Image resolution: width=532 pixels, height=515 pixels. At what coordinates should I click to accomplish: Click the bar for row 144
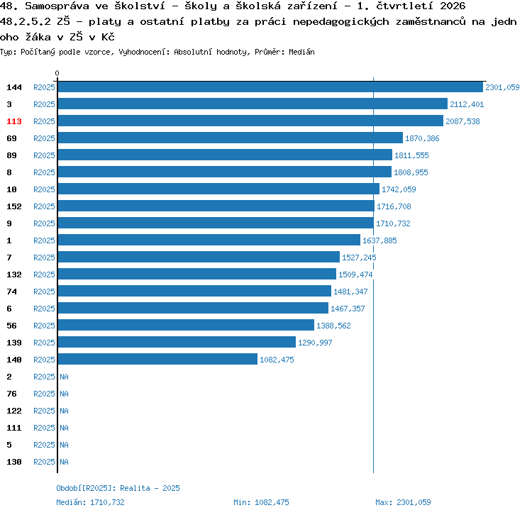270,87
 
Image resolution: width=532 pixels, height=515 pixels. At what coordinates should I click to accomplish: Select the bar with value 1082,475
157,359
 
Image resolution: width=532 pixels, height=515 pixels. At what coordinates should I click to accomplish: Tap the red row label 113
14,121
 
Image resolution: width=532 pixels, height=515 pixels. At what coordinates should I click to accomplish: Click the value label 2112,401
467,104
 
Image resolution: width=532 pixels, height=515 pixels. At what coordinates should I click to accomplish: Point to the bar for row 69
231,138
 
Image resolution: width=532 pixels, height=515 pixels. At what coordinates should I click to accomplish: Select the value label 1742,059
399,189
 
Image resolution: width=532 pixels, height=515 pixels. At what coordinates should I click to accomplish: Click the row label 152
14,206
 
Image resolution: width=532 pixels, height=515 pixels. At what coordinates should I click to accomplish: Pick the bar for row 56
186,325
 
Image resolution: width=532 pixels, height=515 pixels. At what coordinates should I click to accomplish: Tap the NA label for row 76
64,394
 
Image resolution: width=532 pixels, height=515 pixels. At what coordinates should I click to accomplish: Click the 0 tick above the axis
57,73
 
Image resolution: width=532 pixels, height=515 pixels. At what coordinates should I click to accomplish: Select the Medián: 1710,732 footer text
90,502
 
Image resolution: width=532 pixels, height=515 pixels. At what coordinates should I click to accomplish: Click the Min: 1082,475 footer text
261,502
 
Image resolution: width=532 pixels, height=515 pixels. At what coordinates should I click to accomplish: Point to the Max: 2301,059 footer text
403,502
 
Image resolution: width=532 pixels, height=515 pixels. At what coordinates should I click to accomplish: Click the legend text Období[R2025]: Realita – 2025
118,488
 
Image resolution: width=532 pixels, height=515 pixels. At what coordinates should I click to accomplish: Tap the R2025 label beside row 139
44,343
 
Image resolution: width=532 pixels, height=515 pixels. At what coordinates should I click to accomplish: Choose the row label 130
14,462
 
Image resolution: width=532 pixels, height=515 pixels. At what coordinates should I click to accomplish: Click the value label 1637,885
379,240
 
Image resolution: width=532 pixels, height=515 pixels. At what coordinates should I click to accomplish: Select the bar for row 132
197,274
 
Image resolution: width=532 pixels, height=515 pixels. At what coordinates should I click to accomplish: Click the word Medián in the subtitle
301,52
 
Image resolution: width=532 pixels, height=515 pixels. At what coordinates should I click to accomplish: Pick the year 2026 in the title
453,6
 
